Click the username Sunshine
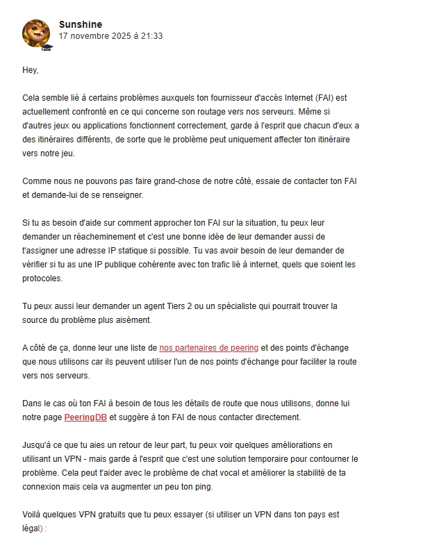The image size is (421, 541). tap(81, 24)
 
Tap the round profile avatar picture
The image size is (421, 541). tap(36, 33)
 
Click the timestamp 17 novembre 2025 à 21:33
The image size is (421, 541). tap(110, 36)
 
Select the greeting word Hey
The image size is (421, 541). tap(31, 70)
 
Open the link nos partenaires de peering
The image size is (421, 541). tap(208, 347)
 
